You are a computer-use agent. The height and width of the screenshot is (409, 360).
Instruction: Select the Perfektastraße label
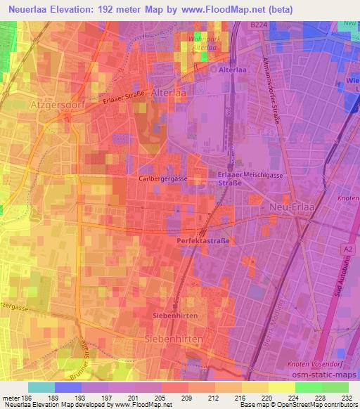[x=203, y=240]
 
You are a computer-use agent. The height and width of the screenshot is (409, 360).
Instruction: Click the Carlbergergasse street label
[x=162, y=179]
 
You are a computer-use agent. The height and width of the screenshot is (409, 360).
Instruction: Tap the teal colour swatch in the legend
[x=41, y=387]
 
